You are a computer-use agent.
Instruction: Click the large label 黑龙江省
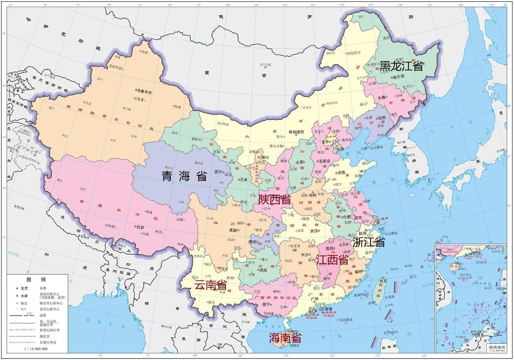pos(401,65)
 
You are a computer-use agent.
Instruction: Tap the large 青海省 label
pos(184,176)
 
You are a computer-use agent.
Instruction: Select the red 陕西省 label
pos(274,200)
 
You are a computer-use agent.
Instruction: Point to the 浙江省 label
pos(369,242)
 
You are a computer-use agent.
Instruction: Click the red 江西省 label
pos(332,260)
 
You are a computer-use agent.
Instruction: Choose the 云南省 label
pos(211,285)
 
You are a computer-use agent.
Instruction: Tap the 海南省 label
pos(285,337)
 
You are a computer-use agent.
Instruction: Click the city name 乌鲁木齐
pos(145,92)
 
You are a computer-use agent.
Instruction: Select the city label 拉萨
pos(141,227)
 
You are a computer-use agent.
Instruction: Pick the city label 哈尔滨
pos(400,77)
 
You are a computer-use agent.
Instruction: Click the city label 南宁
pos(266,304)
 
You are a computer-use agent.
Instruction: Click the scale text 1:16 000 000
pos(36,349)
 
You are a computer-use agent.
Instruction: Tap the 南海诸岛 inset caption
pos(497,347)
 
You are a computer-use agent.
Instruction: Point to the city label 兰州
pos(244,179)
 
